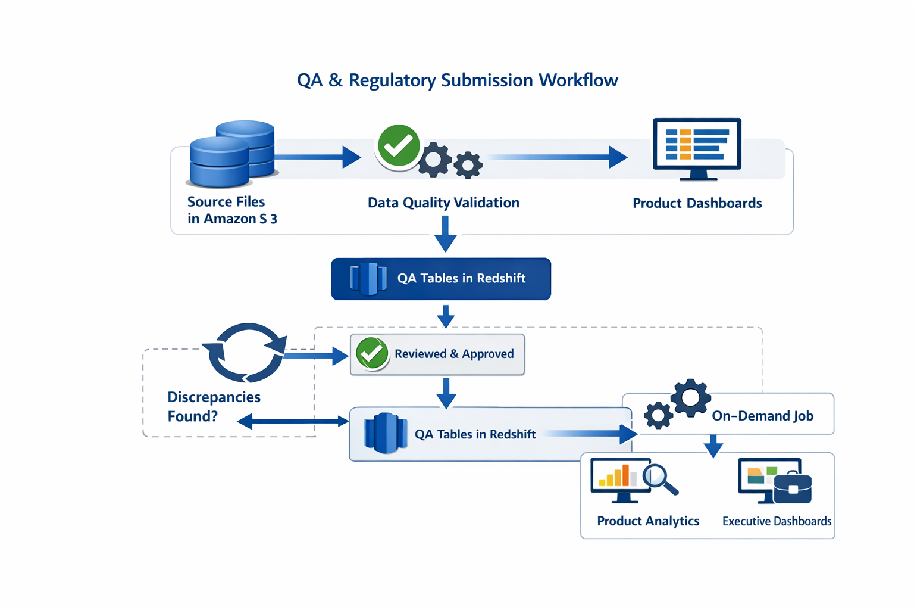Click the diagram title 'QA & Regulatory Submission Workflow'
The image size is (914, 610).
click(x=457, y=80)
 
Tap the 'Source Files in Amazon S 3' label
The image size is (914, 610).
click(x=232, y=210)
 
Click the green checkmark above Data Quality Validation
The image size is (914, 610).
click(x=398, y=146)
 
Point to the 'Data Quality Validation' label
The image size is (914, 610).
click(x=443, y=203)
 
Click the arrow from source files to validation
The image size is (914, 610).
click(x=318, y=157)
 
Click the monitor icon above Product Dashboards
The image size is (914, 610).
click(x=697, y=148)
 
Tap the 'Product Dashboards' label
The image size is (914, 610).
click(x=697, y=203)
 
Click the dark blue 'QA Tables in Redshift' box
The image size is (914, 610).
click(x=441, y=279)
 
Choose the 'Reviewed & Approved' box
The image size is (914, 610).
click(x=437, y=354)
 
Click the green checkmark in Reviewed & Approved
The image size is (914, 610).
click(x=372, y=354)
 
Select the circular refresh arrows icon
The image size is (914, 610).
click(x=245, y=353)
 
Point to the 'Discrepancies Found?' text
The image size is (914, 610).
click(x=214, y=406)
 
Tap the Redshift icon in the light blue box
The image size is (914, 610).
click(x=384, y=433)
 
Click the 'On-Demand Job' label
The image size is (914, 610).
click(x=762, y=416)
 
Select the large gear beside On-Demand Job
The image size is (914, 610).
click(x=690, y=397)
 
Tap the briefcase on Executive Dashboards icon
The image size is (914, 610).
click(x=793, y=488)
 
